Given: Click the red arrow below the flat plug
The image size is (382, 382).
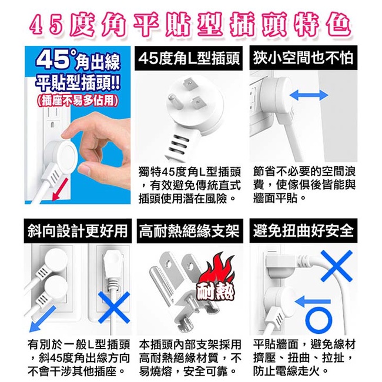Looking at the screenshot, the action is coord(60,190).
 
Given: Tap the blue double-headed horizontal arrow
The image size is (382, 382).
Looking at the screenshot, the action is coord(309,95).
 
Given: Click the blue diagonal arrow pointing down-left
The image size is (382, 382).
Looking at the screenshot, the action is coord(42,319).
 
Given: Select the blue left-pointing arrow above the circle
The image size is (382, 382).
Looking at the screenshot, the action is coord(313,301).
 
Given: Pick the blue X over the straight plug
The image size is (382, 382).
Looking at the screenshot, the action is coord(114,307).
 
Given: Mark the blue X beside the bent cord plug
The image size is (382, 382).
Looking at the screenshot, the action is coord(337,266).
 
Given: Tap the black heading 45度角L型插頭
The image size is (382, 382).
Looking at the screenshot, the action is coord(189,58).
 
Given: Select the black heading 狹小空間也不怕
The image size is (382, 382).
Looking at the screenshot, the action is coord(303,58).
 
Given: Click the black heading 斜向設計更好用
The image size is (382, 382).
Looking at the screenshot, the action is coord(78,231).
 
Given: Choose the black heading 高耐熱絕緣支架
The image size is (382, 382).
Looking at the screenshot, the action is coord(190,231).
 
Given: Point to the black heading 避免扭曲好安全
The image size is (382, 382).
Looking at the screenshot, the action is coord(303,231).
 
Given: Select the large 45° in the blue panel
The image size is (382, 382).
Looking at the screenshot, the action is coord(55,60).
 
